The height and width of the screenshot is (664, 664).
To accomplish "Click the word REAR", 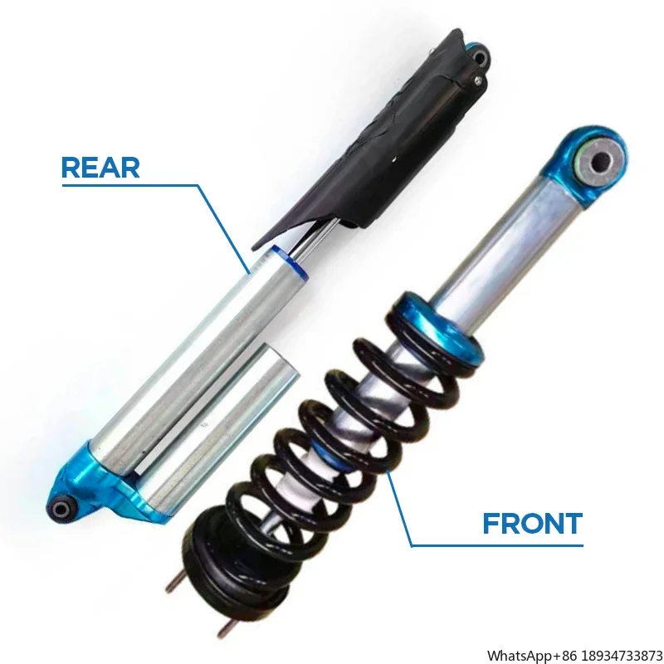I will [x=100, y=167].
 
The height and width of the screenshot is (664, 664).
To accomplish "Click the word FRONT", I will [x=532, y=524].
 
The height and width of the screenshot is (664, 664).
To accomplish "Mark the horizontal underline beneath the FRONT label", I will [x=498, y=545].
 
